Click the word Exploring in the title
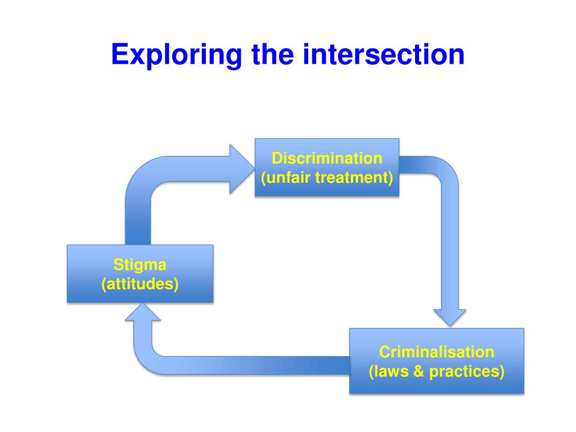point(177,55)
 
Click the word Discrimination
point(327,158)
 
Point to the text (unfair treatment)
point(327,178)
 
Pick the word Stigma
point(140,264)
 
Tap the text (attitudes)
point(140,284)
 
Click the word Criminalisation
point(436,352)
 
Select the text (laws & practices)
point(436,372)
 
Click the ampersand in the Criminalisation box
point(418,372)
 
